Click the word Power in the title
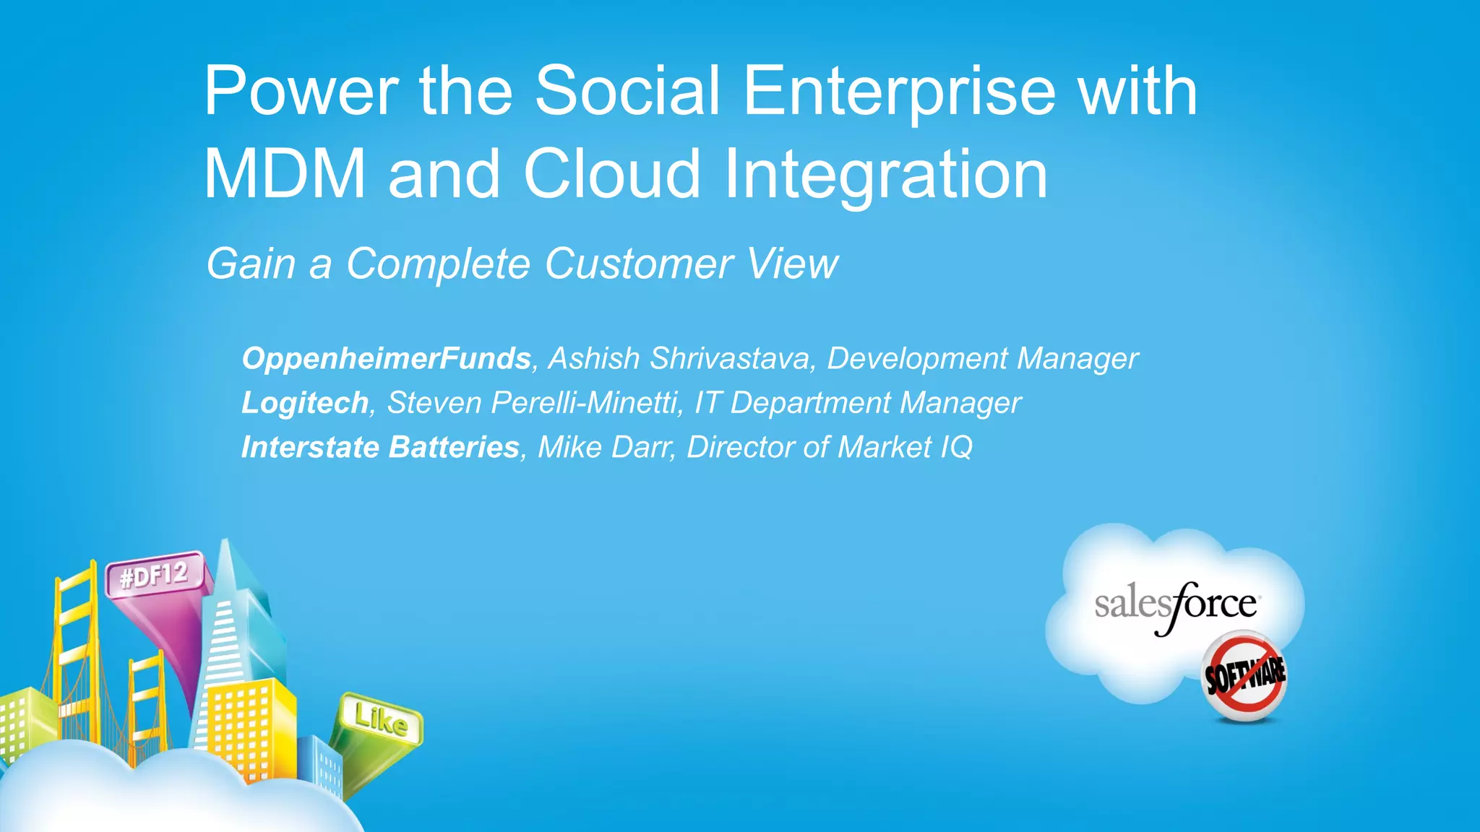(300, 92)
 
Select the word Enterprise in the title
(899, 92)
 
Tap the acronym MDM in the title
(285, 175)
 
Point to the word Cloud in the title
(611, 175)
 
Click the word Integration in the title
(885, 175)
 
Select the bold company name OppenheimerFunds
(387, 359)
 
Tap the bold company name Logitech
(305, 403)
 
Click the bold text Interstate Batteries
(380, 448)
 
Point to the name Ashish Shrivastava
(679, 359)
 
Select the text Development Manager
(983, 359)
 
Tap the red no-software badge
(1244, 676)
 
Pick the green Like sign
(380, 719)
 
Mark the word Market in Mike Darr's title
(885, 448)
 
